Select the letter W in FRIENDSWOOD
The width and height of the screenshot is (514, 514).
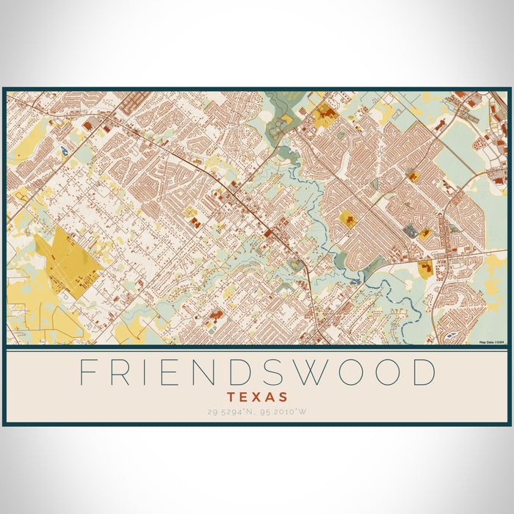[x=319, y=373]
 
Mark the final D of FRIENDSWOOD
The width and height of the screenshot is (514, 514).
[x=424, y=373]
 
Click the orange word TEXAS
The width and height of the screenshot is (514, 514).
[x=257, y=397]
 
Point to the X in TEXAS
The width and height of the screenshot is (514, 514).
[x=257, y=397]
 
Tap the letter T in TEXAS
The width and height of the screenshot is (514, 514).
[x=231, y=397]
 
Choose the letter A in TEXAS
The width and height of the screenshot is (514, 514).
[x=270, y=397]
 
